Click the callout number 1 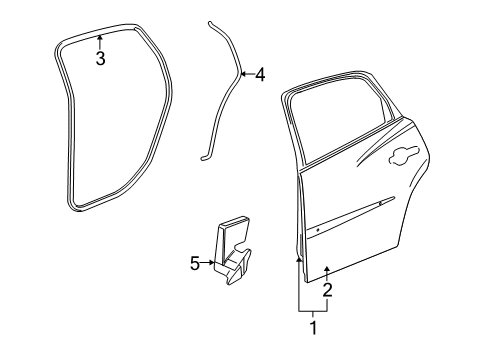coord(313,326)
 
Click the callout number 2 coord(327,290)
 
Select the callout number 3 coord(100,59)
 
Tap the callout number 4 coord(260,74)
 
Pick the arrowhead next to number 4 coord(243,74)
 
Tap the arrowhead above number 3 coord(100,39)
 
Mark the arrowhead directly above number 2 coord(327,270)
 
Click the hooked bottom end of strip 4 coord(203,156)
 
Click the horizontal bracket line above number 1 coord(313,310)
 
